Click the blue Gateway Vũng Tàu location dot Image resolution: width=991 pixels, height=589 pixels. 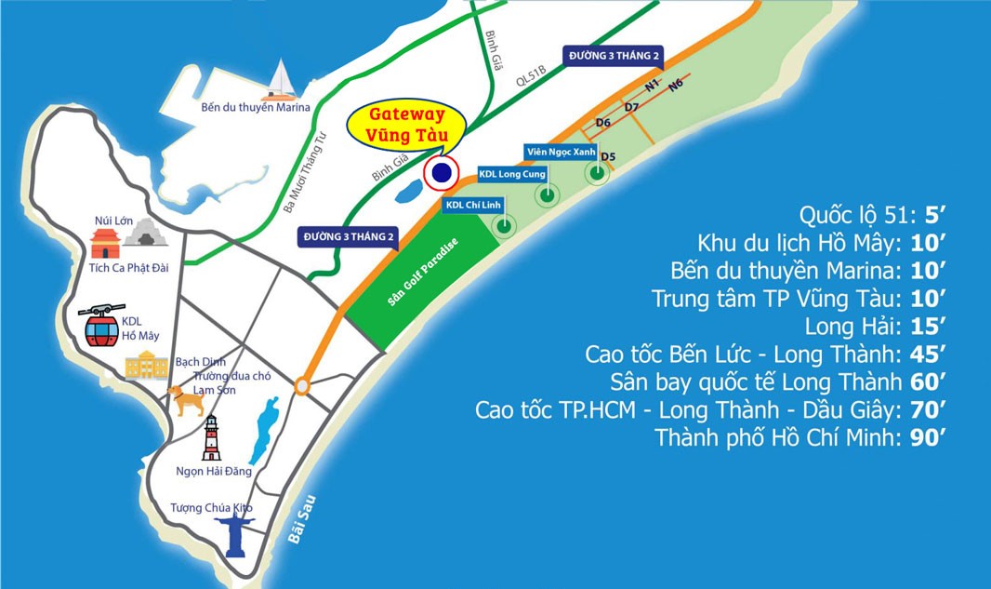(x=442, y=172)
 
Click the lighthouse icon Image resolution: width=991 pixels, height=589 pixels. (x=213, y=438)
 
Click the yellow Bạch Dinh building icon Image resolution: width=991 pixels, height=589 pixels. (x=147, y=365)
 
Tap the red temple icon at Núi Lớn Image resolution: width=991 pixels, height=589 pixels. (x=104, y=244)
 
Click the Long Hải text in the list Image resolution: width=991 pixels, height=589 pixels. (x=853, y=327)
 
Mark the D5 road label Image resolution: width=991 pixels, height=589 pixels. (x=609, y=156)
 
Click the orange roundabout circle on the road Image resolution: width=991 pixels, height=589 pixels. (x=302, y=385)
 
